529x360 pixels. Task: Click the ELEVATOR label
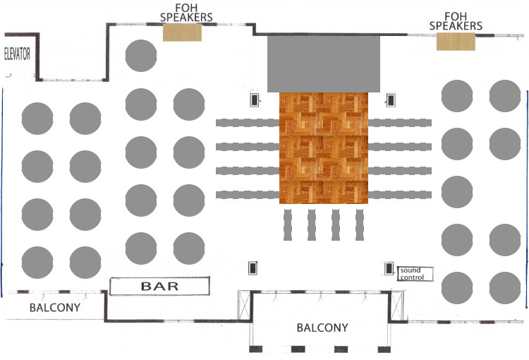[x=18, y=54]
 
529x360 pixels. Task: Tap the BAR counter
[x=160, y=286]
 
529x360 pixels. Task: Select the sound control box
[x=415, y=274]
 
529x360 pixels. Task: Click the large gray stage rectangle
[x=324, y=63]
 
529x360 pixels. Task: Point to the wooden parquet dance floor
[x=324, y=148]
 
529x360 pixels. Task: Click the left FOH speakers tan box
[x=183, y=32]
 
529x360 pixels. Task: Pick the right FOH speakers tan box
[x=456, y=41]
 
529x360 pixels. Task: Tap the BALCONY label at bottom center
[x=322, y=328]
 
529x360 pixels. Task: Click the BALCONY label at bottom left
[x=54, y=308]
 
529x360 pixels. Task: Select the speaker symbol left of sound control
[x=389, y=268]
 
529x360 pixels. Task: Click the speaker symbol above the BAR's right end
[x=253, y=268]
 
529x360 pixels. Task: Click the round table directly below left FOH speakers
[x=140, y=56]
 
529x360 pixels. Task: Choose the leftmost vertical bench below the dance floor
[x=288, y=224]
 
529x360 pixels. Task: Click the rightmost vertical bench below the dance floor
[x=360, y=224]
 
